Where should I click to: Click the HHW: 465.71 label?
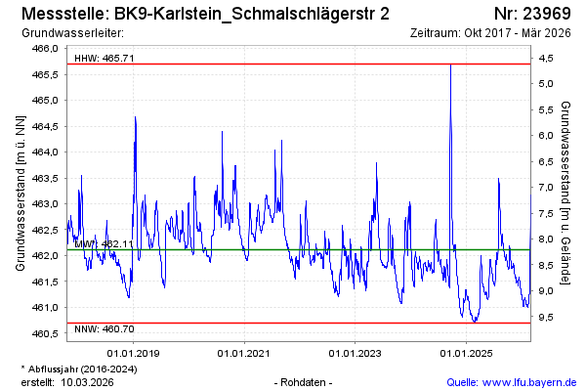click(105, 58)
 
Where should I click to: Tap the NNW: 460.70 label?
click(105, 329)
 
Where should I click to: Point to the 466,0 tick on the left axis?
click(47, 48)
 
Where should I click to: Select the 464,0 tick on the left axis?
click(47, 152)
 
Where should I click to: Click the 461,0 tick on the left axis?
click(47, 308)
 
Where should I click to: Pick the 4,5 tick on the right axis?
click(546, 58)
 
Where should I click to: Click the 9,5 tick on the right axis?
click(546, 317)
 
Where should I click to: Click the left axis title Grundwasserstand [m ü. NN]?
click(20, 192)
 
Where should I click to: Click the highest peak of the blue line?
click(450, 65)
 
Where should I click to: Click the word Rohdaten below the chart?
click(305, 381)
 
